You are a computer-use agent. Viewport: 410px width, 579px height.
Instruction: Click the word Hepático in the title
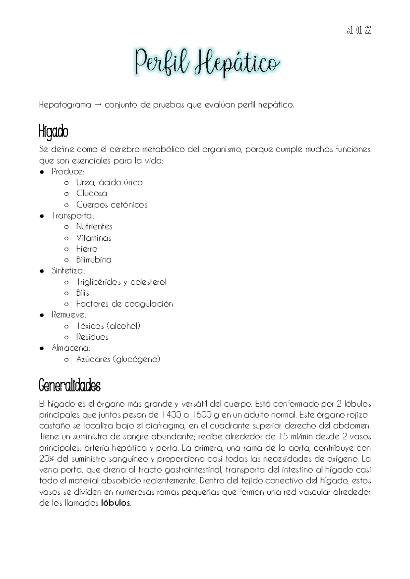coord(236,64)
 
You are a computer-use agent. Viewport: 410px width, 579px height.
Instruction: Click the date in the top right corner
coord(358,31)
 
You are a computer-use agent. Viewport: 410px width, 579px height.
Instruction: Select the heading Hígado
coord(54,132)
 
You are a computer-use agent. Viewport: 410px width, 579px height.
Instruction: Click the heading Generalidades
coord(70,386)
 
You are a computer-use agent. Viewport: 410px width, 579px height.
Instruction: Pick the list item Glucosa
coord(92,194)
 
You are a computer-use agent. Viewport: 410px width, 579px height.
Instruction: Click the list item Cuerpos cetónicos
coord(112,205)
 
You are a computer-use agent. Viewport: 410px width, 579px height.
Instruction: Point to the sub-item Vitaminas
coord(94,238)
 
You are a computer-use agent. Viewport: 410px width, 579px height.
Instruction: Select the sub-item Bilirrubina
coord(94,260)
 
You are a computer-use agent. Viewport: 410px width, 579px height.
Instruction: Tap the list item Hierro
coord(87,249)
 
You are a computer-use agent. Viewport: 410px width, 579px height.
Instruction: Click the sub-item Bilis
coord(83,293)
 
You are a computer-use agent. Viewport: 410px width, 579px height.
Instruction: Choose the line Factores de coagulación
coord(124,304)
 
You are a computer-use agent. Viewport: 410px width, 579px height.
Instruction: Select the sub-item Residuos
coord(92,337)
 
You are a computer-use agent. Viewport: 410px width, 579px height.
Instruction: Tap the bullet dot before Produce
coord(42,172)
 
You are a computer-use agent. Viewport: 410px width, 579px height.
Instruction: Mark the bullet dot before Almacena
coord(42,349)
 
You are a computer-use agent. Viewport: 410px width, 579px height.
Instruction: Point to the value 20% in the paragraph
coord(46,459)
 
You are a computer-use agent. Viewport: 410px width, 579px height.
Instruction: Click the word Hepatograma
coord(65,105)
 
